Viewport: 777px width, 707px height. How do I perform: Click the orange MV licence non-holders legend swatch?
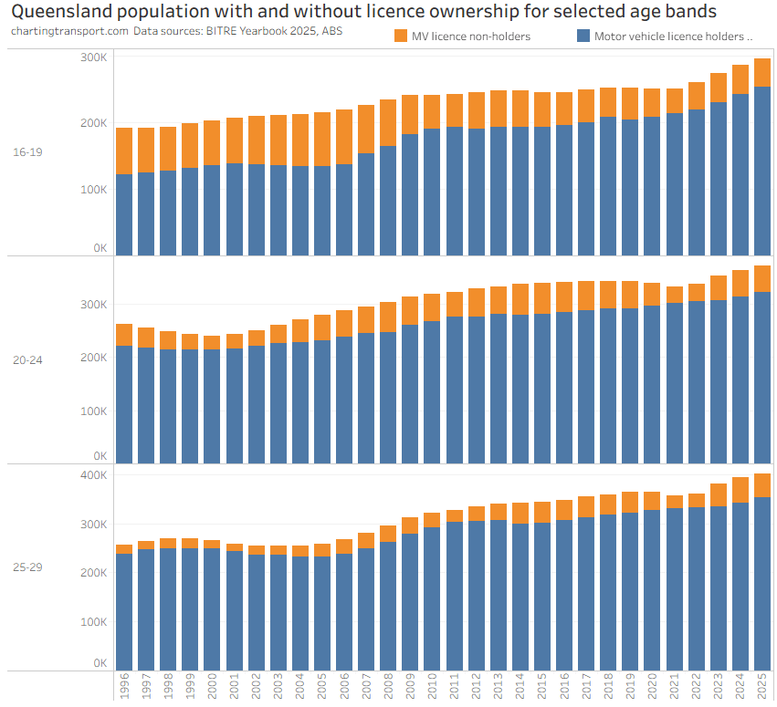(x=401, y=36)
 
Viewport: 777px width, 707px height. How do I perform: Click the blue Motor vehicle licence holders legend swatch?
(x=583, y=36)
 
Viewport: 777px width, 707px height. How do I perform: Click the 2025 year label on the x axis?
(x=762, y=686)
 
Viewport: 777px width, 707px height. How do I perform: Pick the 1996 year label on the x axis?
(x=124, y=686)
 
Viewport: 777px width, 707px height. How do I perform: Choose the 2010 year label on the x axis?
(x=432, y=686)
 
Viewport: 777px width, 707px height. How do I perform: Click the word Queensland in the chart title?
(x=65, y=12)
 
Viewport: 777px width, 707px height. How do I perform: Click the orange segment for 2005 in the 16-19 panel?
(x=322, y=139)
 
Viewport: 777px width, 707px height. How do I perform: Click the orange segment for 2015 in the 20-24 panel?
(x=542, y=298)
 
